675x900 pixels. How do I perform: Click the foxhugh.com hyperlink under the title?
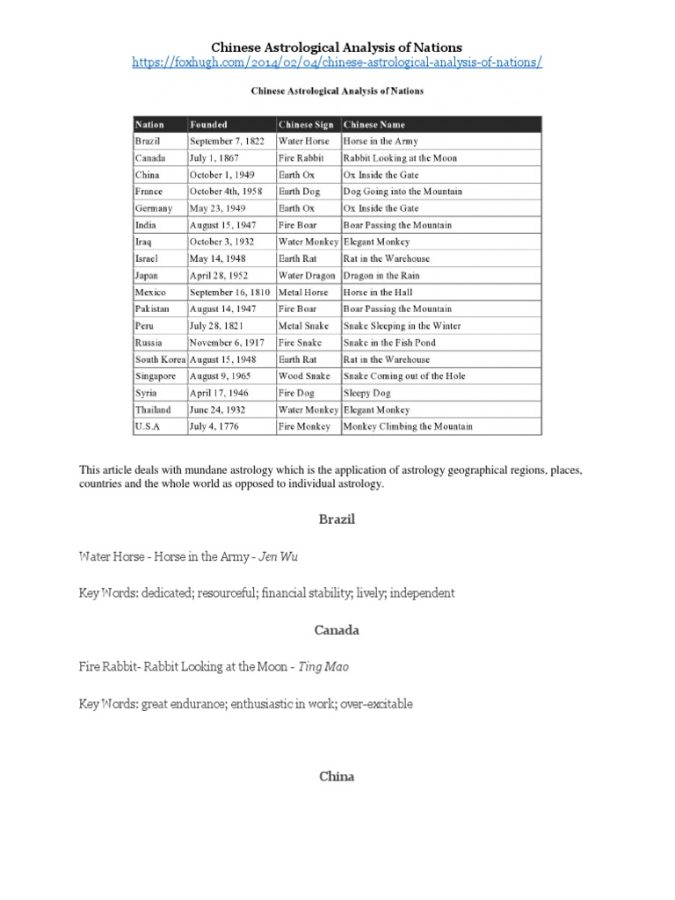click(x=337, y=63)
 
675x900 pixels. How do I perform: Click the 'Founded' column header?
click(x=208, y=125)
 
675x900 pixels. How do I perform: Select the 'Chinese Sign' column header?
click(x=306, y=125)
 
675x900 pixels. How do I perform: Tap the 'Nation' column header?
click(x=149, y=125)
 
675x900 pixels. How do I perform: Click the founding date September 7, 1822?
click(x=227, y=142)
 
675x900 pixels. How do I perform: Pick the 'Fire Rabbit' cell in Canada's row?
click(x=301, y=158)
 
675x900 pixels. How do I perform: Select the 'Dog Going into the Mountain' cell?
click(x=403, y=192)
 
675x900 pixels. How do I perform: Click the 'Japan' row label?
click(x=147, y=275)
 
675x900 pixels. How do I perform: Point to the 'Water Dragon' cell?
click(x=308, y=275)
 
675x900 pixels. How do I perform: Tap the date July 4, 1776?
click(x=214, y=427)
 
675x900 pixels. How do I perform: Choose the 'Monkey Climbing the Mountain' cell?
click(x=408, y=427)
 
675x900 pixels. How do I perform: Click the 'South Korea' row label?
click(x=159, y=359)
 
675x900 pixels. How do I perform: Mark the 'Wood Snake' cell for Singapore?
click(x=303, y=376)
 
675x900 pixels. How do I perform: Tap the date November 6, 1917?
click(x=227, y=343)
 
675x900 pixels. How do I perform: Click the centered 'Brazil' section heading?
click(x=337, y=519)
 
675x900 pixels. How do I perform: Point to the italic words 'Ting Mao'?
click(x=323, y=667)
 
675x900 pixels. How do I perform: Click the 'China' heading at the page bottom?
click(x=337, y=777)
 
